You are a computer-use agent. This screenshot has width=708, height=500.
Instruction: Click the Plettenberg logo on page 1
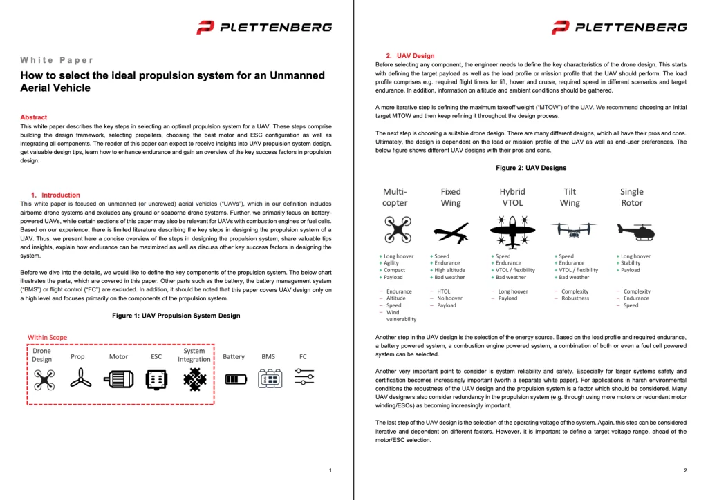tap(263, 28)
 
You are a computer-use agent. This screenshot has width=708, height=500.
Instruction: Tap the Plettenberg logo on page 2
tap(619, 28)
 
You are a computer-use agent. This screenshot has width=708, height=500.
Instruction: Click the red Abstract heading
tap(34, 117)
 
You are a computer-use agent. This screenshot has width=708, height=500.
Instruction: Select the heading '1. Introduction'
tap(55, 195)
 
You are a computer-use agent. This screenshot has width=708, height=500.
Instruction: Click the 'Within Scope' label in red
tap(48, 338)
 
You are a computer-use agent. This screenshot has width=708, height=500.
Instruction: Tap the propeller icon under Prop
tap(78, 378)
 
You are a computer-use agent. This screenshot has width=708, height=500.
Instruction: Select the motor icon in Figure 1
tap(118, 378)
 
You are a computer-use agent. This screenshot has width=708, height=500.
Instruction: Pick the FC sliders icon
tap(304, 378)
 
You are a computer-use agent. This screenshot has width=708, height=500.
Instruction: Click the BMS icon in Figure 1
tap(268, 378)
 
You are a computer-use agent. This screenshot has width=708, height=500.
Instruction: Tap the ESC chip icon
tap(156, 378)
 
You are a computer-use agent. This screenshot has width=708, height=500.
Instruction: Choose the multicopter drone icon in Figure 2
tap(395, 229)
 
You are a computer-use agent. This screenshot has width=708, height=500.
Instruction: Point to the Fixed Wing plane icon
tap(451, 231)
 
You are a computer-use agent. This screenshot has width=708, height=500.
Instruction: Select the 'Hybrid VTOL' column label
tap(512, 197)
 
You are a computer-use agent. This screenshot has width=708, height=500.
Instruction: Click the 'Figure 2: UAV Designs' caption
tap(531, 168)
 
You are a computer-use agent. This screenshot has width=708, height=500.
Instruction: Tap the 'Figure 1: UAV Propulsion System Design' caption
tap(176, 316)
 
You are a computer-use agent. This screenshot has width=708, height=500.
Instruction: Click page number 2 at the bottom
tap(684, 470)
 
